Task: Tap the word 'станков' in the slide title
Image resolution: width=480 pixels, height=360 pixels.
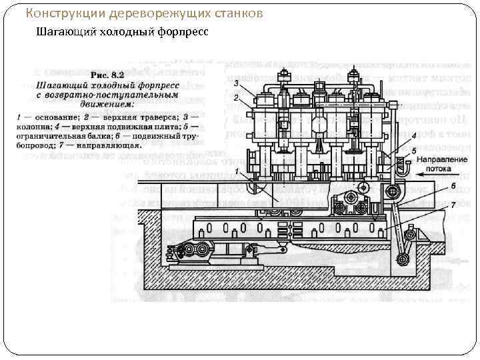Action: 233,13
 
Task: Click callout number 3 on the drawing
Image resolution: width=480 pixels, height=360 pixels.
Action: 236,83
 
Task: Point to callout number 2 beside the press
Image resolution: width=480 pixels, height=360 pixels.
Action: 236,97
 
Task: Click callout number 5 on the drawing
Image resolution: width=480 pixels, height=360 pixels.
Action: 414,151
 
